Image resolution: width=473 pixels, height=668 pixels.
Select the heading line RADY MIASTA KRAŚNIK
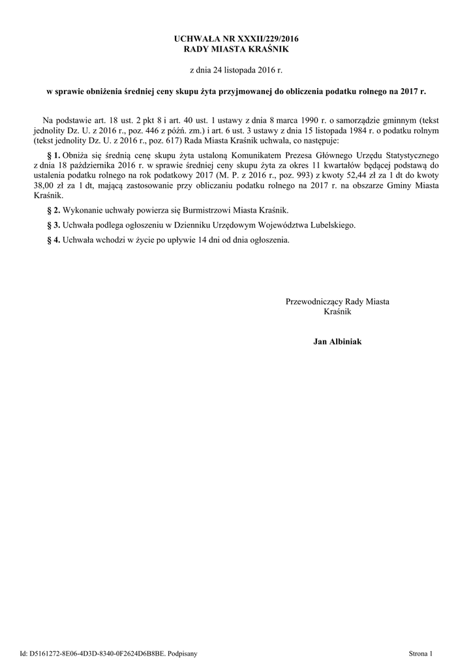pyautogui.click(x=236, y=49)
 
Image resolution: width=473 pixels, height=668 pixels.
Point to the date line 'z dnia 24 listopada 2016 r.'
pyautogui.click(x=236, y=68)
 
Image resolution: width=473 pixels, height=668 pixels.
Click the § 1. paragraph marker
pyautogui.click(x=54, y=155)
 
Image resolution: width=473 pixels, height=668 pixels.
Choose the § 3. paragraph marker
pyautogui.click(x=54, y=224)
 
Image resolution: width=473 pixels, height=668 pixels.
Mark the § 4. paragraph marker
pyautogui.click(x=54, y=239)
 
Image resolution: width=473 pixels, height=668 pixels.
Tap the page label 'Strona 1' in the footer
pyautogui.click(x=420, y=652)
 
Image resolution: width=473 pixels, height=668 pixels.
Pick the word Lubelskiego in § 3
pyautogui.click(x=331, y=224)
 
